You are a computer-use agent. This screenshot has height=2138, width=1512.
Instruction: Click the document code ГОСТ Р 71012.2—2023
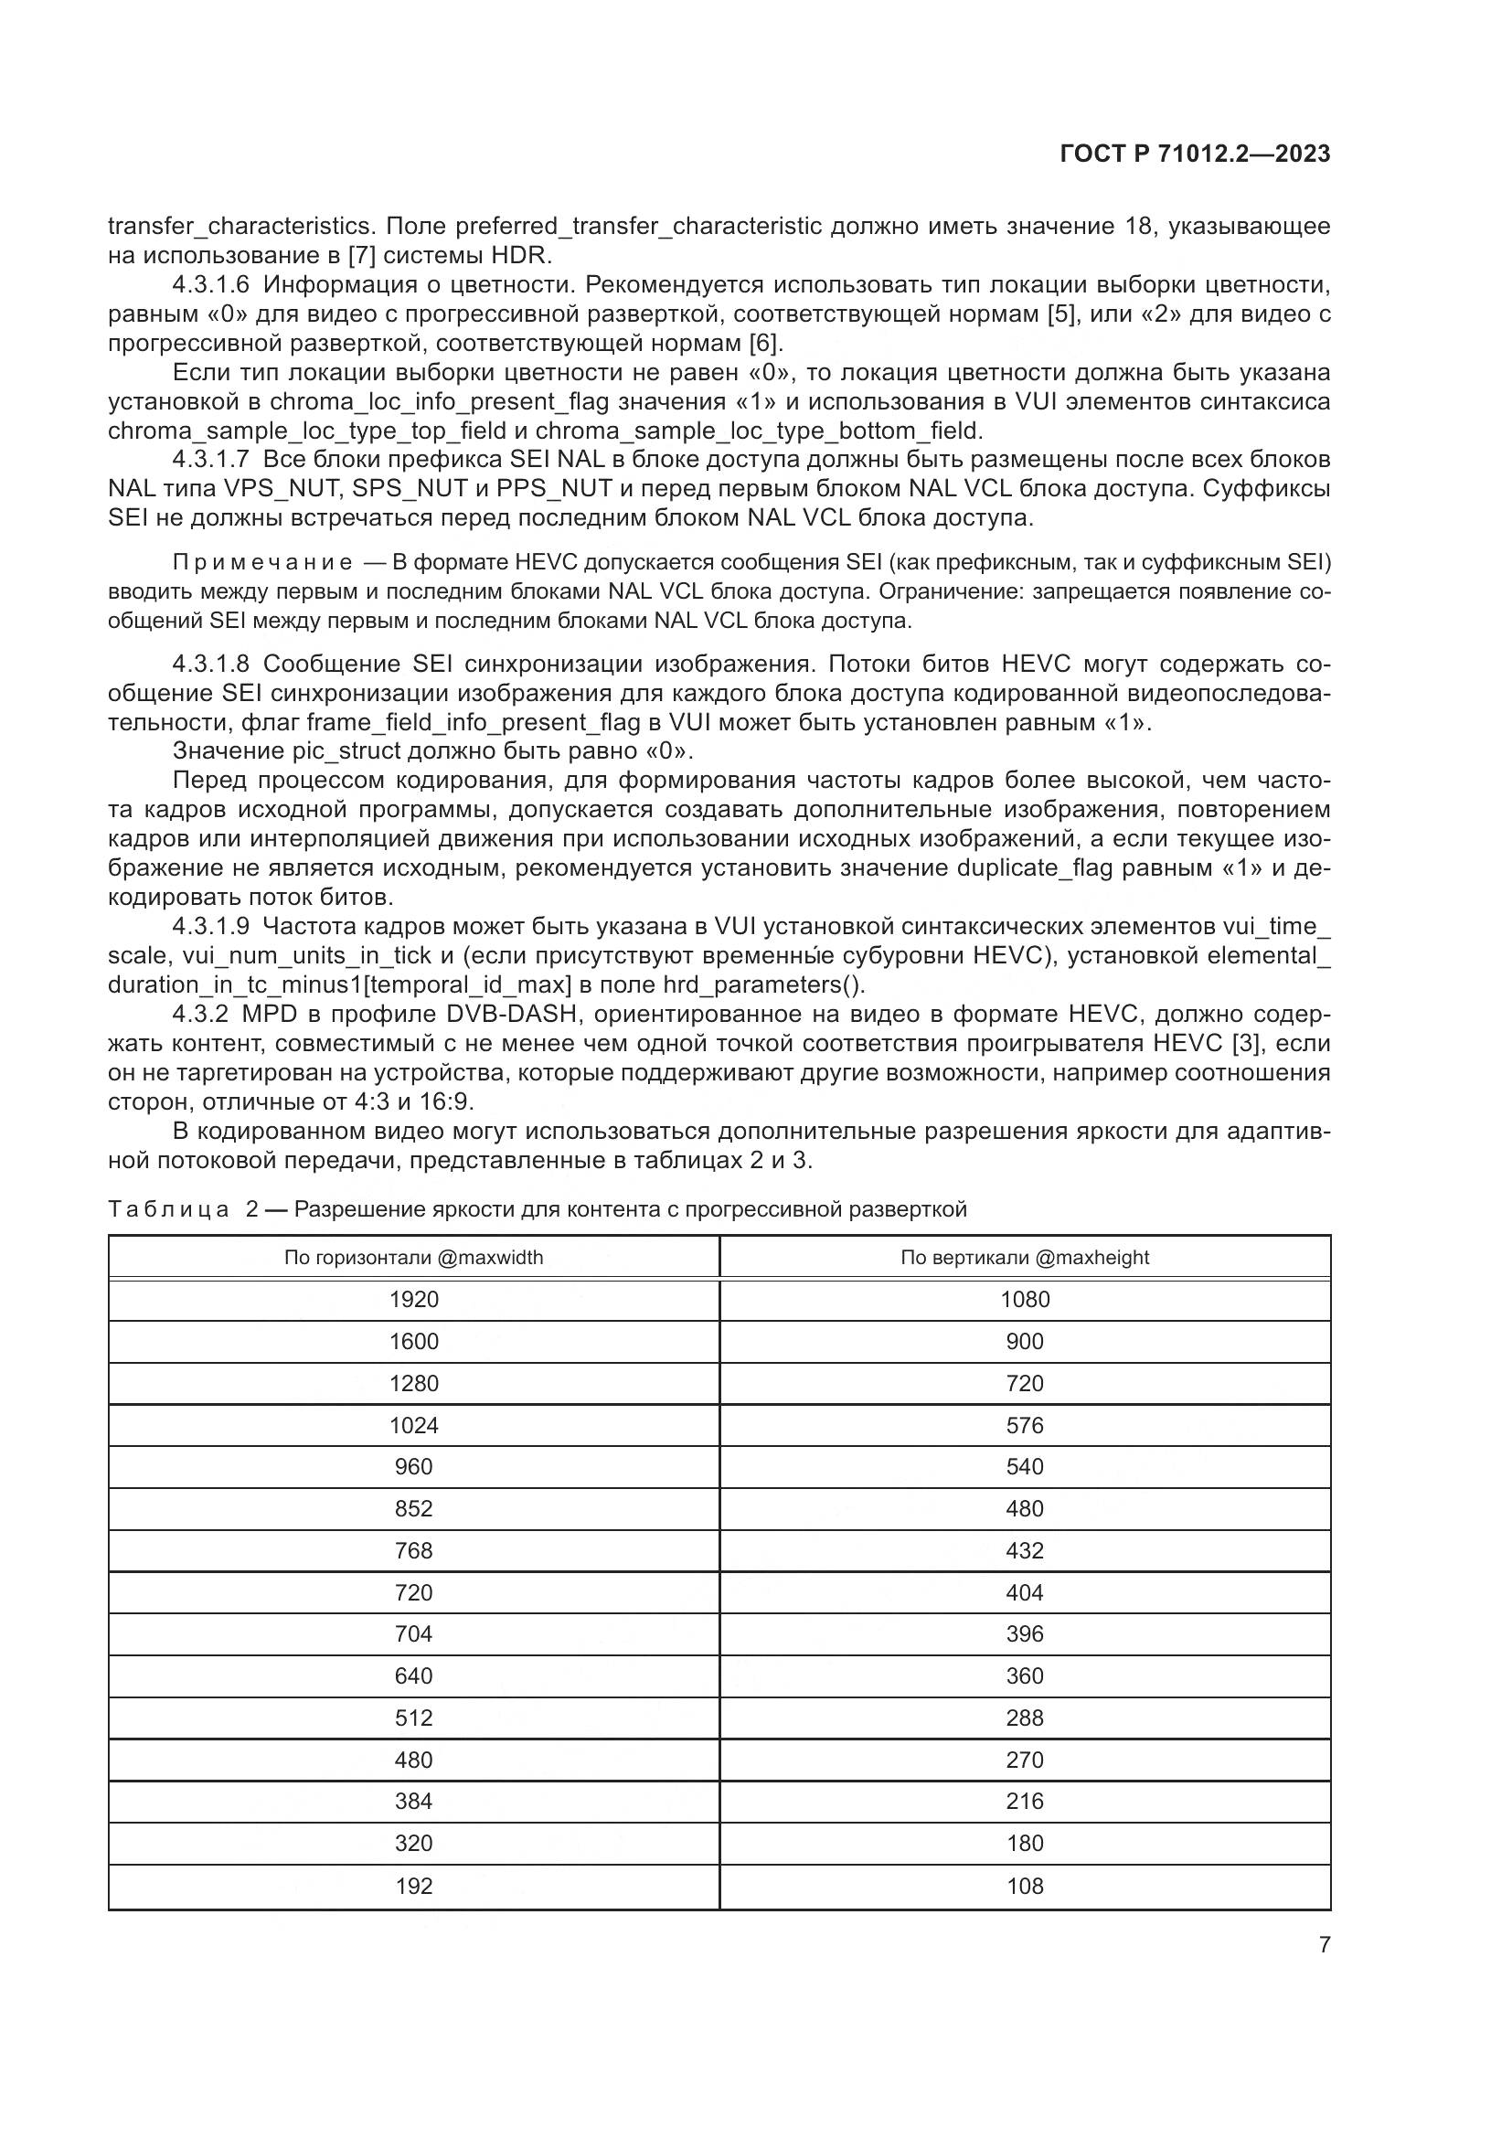click(1195, 154)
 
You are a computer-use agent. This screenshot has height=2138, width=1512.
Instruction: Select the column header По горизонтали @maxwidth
click(413, 1258)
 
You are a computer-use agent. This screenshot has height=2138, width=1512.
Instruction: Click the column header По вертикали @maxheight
click(1024, 1258)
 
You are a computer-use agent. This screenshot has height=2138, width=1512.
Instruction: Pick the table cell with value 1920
click(413, 1300)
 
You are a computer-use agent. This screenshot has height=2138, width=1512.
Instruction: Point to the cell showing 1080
click(1024, 1300)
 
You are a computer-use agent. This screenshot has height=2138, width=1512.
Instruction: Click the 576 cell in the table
click(1024, 1426)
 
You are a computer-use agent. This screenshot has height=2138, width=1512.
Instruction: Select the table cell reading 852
click(413, 1508)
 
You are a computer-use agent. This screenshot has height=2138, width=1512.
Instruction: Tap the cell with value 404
click(1024, 1592)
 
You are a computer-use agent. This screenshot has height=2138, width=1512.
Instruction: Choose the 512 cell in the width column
click(413, 1718)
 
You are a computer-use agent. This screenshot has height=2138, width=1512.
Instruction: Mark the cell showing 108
click(1024, 1886)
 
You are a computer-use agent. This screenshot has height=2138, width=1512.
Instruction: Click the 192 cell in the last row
click(413, 1886)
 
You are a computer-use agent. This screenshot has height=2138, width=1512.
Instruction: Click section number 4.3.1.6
click(210, 285)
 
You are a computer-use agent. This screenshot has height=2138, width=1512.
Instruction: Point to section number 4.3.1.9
click(210, 927)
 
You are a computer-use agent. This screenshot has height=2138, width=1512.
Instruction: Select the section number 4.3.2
click(200, 1014)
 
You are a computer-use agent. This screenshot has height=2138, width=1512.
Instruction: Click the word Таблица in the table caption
click(168, 1209)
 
